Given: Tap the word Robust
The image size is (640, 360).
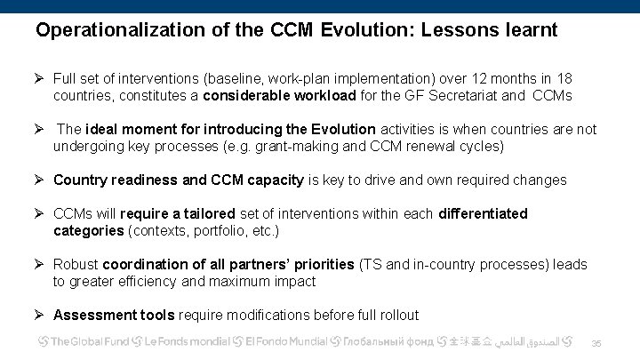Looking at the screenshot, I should tap(76, 265).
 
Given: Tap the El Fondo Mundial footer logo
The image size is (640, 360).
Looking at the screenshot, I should tap(280, 341).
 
